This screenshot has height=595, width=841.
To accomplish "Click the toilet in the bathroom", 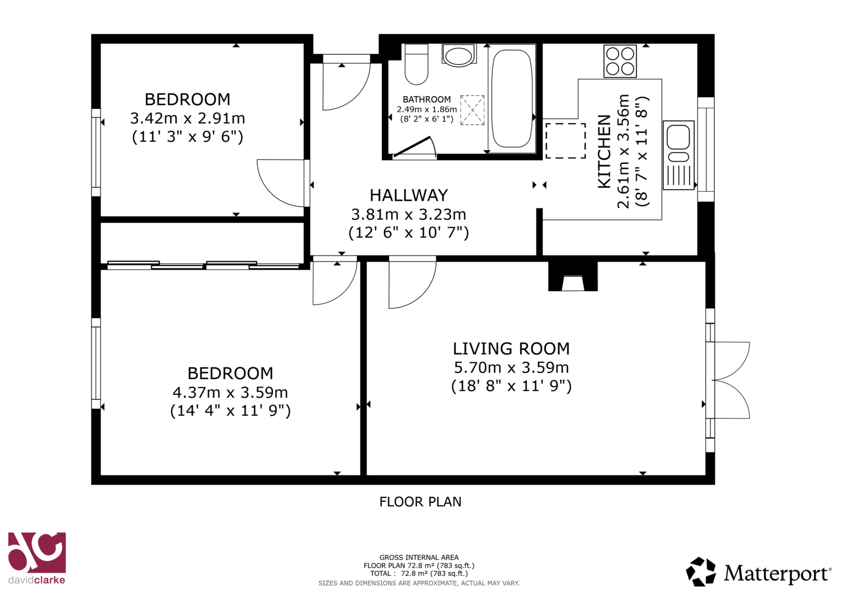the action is [417, 64].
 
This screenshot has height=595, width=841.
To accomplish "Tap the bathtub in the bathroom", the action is [512, 98].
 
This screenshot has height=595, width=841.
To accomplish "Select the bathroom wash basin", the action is [459, 56].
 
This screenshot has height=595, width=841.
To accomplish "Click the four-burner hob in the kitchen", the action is [620, 61].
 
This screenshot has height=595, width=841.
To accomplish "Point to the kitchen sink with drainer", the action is [678, 155].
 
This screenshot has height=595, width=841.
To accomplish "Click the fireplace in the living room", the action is [572, 276].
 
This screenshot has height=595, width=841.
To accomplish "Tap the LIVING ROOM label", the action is [511, 349].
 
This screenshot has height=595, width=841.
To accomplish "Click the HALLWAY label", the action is [409, 195].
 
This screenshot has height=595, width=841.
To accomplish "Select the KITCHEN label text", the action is [604, 151].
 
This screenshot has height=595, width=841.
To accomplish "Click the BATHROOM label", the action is [427, 100].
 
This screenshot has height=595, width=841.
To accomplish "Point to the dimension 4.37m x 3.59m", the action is [230, 393].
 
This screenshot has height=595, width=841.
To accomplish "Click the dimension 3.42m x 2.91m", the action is [187, 118].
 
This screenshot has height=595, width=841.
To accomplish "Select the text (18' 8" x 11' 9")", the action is [511, 386].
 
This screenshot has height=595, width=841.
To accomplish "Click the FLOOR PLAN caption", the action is [420, 502].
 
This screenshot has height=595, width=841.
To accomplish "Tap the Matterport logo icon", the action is [701, 571].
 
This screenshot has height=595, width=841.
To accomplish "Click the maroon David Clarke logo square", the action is [37, 552].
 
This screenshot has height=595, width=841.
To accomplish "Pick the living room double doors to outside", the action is [728, 380].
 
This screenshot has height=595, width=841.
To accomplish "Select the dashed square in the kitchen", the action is [565, 141].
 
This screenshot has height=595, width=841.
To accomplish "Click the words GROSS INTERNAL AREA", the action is [419, 557].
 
